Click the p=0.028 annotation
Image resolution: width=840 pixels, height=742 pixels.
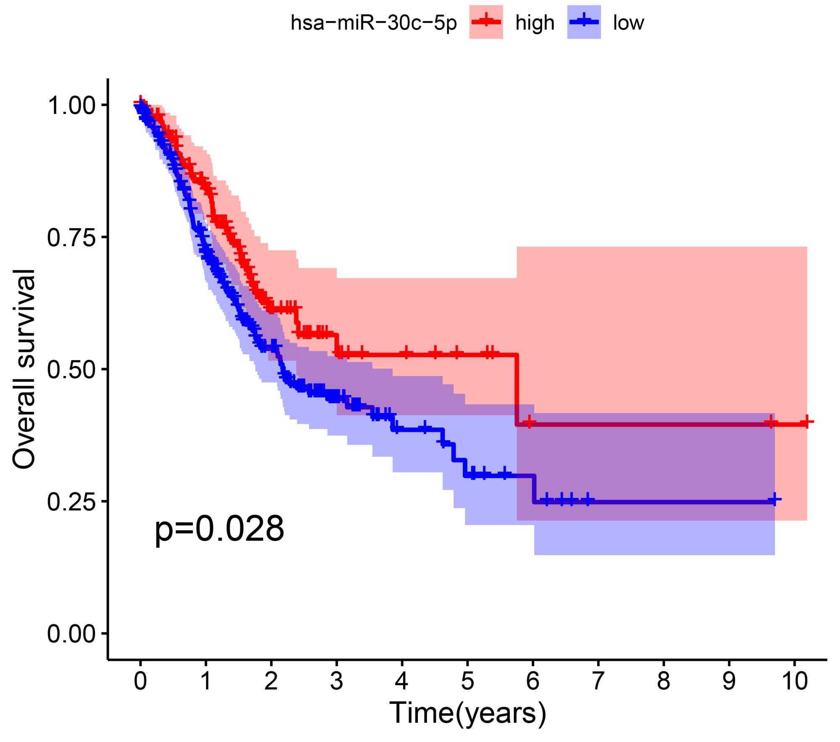(x=219, y=529)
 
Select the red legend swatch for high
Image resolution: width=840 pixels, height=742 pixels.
(x=486, y=22)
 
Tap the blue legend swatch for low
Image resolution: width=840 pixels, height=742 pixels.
(x=584, y=22)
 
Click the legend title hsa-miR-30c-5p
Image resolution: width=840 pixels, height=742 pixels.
(x=373, y=23)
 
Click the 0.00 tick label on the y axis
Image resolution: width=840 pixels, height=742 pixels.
(x=71, y=634)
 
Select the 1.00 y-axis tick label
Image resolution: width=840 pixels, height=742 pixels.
(x=71, y=105)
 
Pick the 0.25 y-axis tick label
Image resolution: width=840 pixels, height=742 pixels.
(x=71, y=502)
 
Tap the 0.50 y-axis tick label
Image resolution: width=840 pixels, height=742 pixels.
(x=71, y=370)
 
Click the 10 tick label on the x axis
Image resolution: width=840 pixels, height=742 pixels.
(x=794, y=681)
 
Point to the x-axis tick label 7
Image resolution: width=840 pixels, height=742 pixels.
(x=598, y=681)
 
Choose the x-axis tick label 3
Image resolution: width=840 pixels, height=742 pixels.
(x=336, y=681)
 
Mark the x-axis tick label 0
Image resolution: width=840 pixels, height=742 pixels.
(x=140, y=681)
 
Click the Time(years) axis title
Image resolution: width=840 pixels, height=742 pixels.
(x=467, y=713)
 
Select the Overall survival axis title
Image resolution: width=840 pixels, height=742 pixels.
(x=24, y=369)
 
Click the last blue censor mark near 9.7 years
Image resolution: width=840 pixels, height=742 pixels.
(x=774, y=500)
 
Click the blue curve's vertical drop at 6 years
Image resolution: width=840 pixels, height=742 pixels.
(x=534, y=489)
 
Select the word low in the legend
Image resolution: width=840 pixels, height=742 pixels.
(x=628, y=23)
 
